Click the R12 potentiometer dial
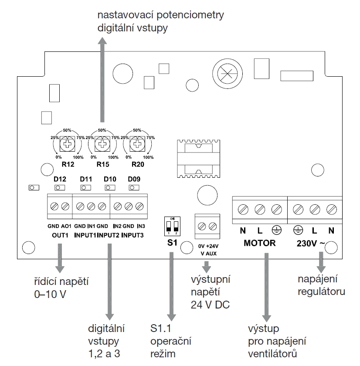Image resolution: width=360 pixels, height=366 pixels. click(x=67, y=144)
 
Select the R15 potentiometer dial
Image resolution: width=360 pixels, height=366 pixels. click(x=102, y=144)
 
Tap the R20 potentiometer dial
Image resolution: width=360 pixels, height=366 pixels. click(x=138, y=144)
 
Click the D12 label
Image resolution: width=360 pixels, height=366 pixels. click(x=59, y=179)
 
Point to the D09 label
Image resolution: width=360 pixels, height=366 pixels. click(x=134, y=179)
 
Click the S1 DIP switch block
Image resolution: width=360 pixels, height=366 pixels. click(x=172, y=225)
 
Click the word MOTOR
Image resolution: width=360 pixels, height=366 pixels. click(x=259, y=243)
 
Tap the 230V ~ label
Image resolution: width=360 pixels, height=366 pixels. click(x=310, y=243)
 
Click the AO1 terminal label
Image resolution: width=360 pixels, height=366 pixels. click(x=66, y=227)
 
